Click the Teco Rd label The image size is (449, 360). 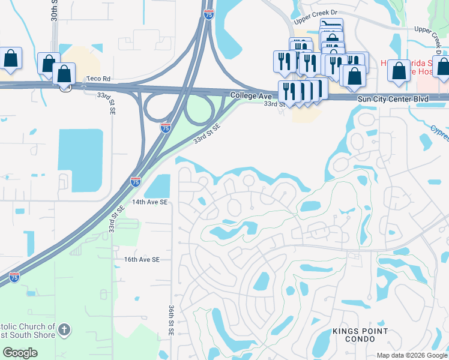pyautogui.click(x=98, y=79)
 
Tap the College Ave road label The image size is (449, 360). pyautogui.click(x=252, y=95)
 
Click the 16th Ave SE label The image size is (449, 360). pyautogui.click(x=142, y=259)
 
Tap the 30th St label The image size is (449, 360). pyautogui.click(x=54, y=11)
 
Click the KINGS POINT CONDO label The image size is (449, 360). pyautogui.click(x=360, y=335)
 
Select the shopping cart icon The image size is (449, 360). pyautogui.click(x=331, y=26)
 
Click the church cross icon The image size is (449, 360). pyautogui.click(x=65, y=329)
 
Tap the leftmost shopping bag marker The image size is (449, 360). pyautogui.click(x=11, y=58)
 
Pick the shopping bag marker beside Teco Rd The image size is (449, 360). pyautogui.click(x=64, y=74)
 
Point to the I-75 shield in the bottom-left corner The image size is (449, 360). pyautogui.click(x=14, y=277)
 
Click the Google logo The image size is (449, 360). pyautogui.click(x=20, y=353)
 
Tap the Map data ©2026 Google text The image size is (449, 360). pyautogui.click(x=411, y=355)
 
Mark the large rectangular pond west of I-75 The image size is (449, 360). pyautogui.click(x=80, y=157)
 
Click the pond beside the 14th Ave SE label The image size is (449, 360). pyautogui.click(x=157, y=186)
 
